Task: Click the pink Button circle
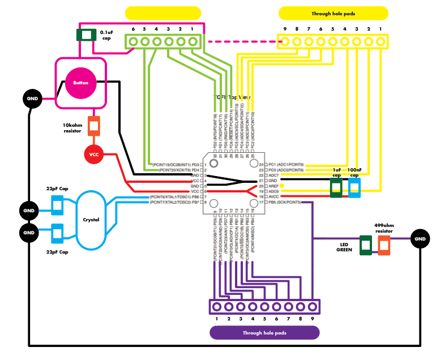point(80,83)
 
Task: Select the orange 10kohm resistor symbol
point(94,126)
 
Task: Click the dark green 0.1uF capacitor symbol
point(86,35)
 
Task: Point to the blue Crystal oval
point(91,220)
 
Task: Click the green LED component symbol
point(366,245)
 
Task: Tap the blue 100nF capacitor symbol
point(354,187)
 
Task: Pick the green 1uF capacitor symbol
point(336,187)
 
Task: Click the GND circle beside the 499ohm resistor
point(420,239)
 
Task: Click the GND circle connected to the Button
point(32,98)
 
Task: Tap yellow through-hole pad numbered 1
point(381,41)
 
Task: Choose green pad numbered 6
point(133,41)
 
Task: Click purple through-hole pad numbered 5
point(264,307)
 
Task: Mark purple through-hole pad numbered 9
point(311,307)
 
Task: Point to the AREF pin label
point(272,186)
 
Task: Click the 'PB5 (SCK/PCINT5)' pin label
point(285,202)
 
